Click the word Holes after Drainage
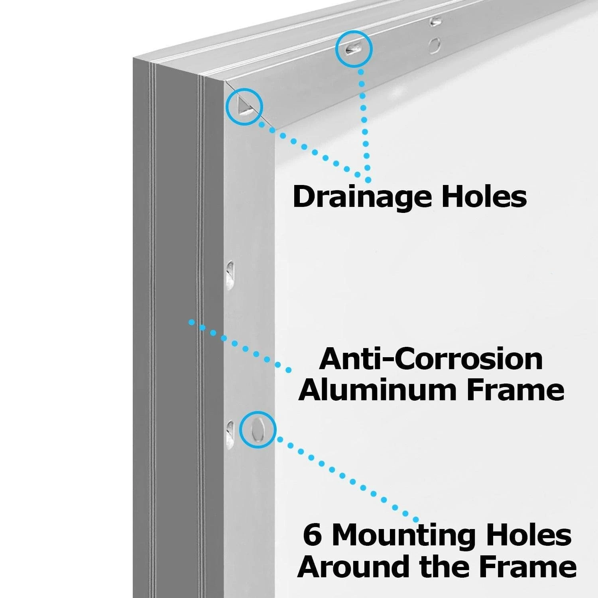pos(484,196)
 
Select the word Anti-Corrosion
pos(431,359)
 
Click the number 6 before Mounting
pos(313,535)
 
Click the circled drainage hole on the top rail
pos(354,48)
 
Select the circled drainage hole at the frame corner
pos(244,106)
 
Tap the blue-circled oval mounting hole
pos(258,429)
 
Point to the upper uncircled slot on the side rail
pos(230,274)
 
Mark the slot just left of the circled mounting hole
pos(230,433)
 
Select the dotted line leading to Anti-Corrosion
pos(240,345)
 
